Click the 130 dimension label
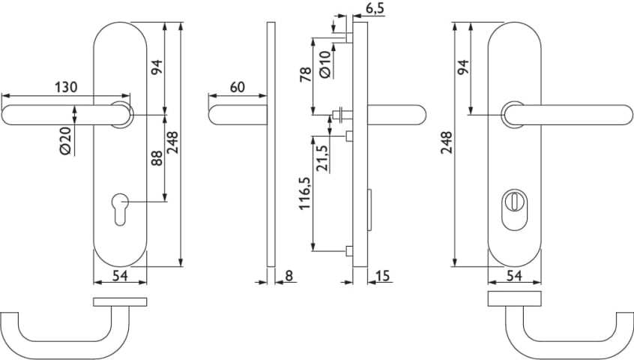click(x=66, y=87)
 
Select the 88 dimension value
click(x=157, y=157)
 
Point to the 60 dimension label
click(x=238, y=87)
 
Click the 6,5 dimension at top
click(x=375, y=8)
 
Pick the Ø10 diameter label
click(x=325, y=64)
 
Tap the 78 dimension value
click(x=305, y=75)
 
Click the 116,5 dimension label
click(x=304, y=193)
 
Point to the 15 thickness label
click(x=382, y=275)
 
